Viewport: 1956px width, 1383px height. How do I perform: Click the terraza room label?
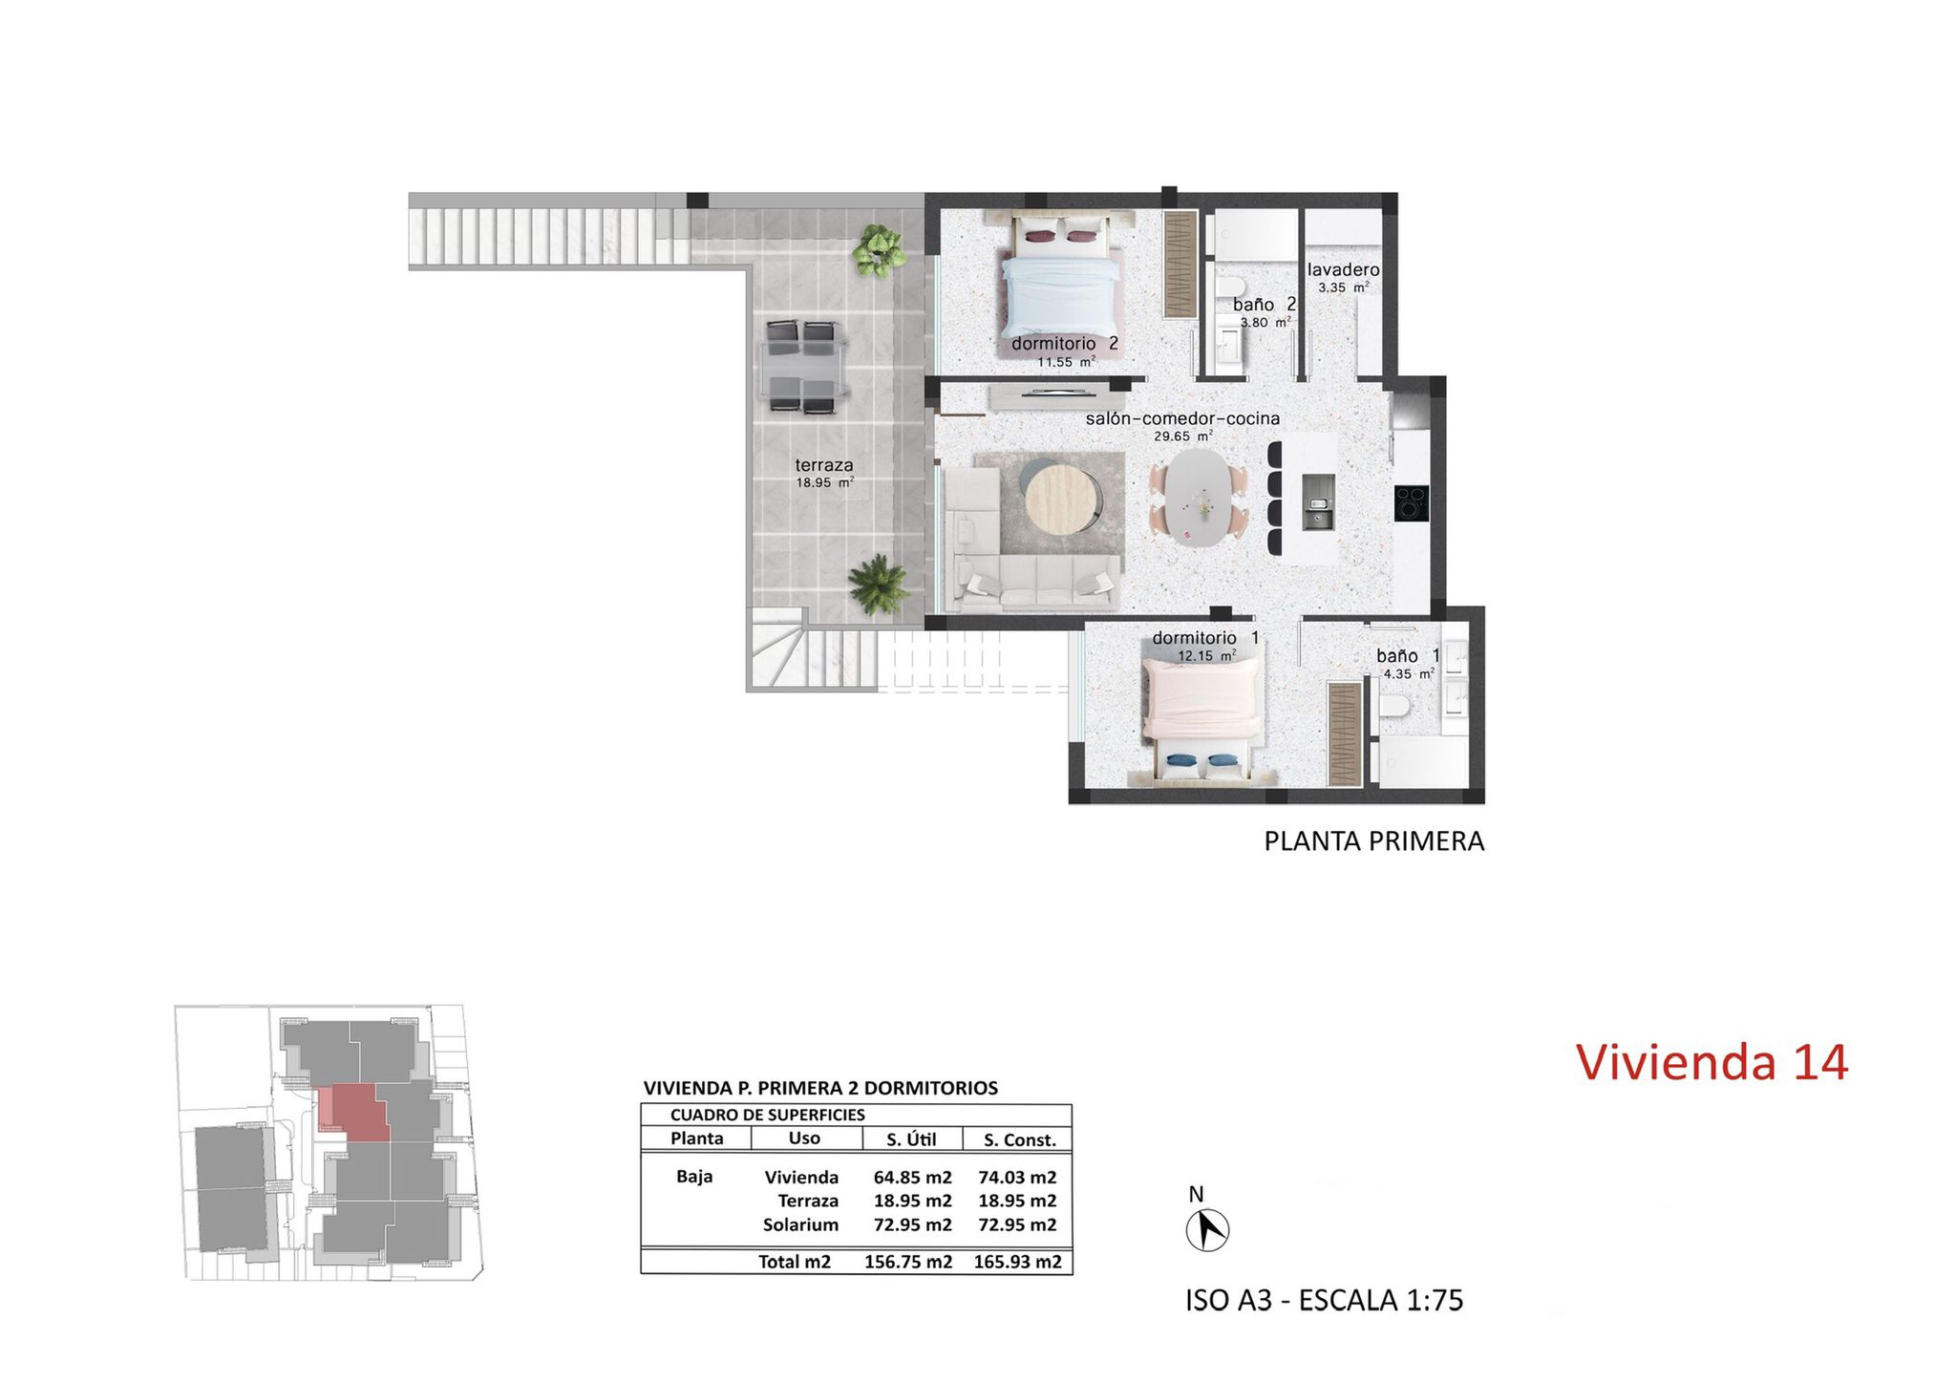(x=824, y=465)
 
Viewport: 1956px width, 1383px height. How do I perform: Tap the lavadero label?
(x=1343, y=270)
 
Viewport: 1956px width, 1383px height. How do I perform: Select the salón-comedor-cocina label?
(x=1182, y=418)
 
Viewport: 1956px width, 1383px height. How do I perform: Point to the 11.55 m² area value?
(x=1066, y=362)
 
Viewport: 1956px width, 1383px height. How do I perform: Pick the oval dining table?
(x=1200, y=497)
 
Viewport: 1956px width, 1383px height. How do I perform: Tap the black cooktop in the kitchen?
(x=1412, y=503)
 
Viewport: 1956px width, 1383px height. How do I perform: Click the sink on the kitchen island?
(x=1319, y=502)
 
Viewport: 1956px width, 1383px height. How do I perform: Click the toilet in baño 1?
(x=1394, y=707)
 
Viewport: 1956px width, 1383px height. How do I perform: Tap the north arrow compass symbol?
(x=1207, y=1229)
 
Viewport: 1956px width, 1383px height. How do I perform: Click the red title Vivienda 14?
(x=1711, y=1062)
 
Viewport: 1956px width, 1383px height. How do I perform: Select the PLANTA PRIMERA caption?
(x=1373, y=841)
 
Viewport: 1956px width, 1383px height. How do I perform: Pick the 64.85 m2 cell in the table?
(x=912, y=1178)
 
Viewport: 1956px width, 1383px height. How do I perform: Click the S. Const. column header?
(x=1019, y=1139)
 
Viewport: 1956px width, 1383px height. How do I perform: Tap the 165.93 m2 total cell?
(x=1017, y=1262)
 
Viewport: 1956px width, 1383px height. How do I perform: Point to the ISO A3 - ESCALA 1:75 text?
(x=1324, y=1300)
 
